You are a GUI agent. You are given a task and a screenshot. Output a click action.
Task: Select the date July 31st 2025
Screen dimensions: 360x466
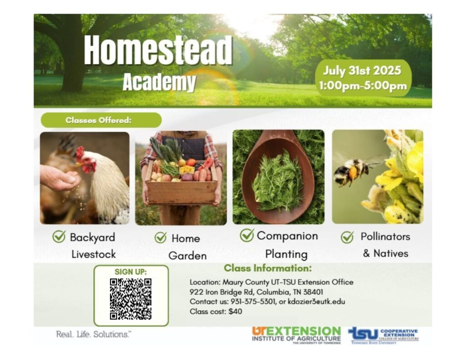(x=362, y=71)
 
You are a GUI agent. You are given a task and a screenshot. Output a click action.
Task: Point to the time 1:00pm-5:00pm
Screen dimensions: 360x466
(x=363, y=86)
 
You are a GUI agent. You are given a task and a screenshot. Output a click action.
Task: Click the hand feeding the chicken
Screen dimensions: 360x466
(x=59, y=177)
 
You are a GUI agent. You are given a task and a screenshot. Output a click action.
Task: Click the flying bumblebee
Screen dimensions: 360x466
(x=351, y=171)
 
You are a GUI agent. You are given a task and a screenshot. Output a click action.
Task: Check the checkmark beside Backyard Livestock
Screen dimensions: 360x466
(x=59, y=237)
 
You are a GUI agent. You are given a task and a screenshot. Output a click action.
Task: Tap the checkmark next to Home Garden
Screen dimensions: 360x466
(x=160, y=238)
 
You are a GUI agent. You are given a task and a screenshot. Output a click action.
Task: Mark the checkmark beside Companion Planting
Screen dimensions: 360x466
(x=247, y=235)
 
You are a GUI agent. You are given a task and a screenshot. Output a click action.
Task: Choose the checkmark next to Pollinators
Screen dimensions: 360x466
(x=347, y=237)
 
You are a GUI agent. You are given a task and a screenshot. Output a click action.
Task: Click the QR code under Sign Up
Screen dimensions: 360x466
(x=131, y=299)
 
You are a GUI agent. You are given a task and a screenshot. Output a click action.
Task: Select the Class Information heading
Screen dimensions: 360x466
(x=268, y=268)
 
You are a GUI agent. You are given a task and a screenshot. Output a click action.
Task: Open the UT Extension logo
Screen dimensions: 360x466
(x=296, y=335)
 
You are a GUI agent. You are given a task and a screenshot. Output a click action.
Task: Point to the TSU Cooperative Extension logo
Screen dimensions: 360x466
(x=383, y=335)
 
